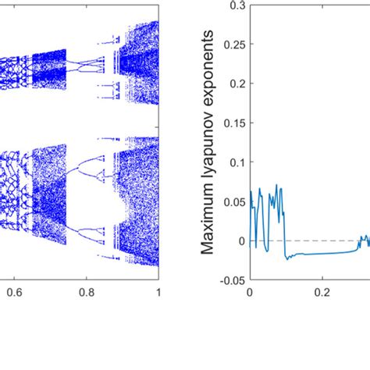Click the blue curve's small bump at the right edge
pyautogui.click(x=362, y=237)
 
